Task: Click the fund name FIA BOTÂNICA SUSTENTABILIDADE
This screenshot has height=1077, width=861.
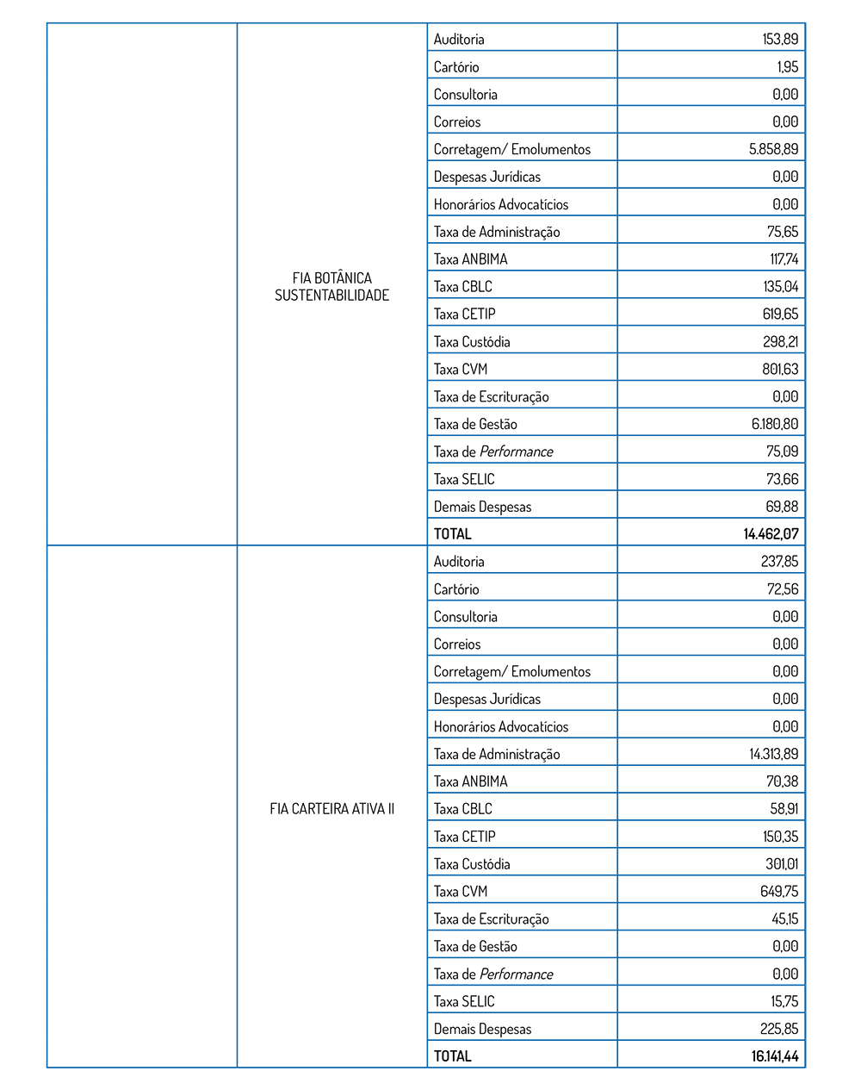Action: [331, 286]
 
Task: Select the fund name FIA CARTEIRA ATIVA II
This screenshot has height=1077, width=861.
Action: [331, 808]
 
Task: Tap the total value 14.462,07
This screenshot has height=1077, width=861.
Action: [771, 534]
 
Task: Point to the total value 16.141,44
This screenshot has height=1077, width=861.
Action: [774, 1056]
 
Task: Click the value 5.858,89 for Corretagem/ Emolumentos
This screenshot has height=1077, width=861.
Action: [773, 149]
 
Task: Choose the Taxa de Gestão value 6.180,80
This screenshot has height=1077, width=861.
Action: [774, 424]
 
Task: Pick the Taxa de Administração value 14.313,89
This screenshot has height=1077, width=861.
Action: [773, 754]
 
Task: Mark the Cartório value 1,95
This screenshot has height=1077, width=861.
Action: [787, 66]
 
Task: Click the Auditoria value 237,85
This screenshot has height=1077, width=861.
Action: [779, 562]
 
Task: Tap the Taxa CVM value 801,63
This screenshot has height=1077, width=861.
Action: [780, 369]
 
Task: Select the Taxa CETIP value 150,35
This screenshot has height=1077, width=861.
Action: [780, 837]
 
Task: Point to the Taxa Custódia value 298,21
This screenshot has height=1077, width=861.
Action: [780, 341]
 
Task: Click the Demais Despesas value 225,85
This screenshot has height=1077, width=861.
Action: [779, 1029]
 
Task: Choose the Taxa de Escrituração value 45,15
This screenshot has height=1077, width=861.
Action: [784, 918]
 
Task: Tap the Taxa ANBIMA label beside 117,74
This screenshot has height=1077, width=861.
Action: [470, 258]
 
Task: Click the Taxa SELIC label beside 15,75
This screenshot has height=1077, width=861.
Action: [464, 1001]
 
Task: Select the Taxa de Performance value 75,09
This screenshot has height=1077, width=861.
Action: [782, 451]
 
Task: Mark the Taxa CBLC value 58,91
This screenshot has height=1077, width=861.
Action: [784, 809]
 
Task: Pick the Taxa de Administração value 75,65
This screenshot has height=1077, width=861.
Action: [783, 232]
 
